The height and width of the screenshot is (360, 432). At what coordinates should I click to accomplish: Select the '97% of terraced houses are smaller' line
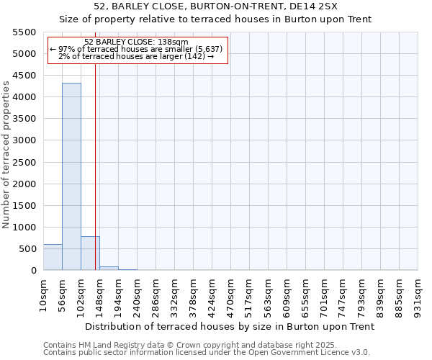(136, 49)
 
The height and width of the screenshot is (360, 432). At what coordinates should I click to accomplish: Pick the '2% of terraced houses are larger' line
(136, 56)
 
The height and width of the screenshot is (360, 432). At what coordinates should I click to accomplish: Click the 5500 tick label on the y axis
(24, 32)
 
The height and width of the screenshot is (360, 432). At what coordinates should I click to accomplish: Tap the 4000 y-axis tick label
(24, 97)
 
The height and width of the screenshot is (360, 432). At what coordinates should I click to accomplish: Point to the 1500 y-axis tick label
(24, 206)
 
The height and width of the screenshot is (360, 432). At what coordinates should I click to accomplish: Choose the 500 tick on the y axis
(27, 249)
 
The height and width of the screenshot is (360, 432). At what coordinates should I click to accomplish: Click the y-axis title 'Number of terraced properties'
(6, 155)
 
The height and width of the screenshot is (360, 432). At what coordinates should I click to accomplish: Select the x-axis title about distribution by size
(230, 327)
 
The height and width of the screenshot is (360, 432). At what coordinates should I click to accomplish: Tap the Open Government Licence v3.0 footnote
(207, 353)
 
